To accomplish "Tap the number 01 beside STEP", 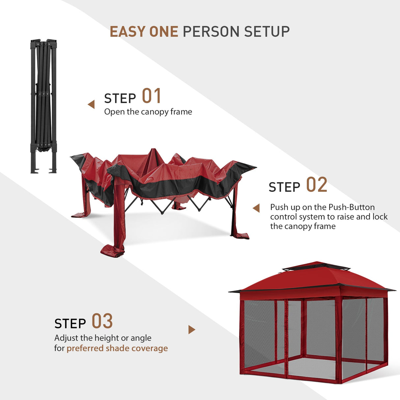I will click(152, 96).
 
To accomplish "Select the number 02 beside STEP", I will click(316, 185).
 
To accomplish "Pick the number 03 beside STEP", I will click(102, 322).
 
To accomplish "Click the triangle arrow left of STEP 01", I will click(91, 104).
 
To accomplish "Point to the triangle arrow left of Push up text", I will click(256, 208).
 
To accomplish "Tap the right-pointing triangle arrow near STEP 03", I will click(191, 329).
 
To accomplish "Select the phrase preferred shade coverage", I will click(117, 348).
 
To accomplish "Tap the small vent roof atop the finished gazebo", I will click(316, 266).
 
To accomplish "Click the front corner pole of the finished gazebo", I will click(338, 339).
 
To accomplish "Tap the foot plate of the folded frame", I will click(35, 171).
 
